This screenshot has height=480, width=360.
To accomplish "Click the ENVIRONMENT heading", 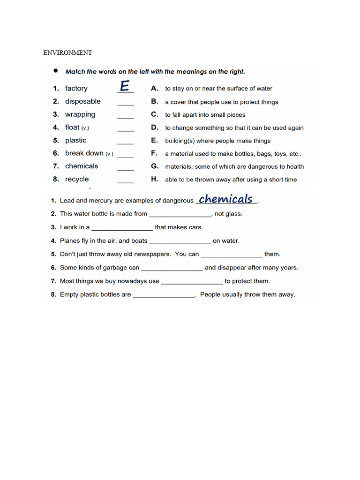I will [67, 53].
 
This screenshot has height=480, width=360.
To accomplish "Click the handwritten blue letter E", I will [124, 86].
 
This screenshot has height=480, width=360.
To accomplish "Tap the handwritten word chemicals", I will [225, 199].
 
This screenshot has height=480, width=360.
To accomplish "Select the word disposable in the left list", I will [83, 101].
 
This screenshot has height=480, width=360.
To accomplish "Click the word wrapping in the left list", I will [80, 114].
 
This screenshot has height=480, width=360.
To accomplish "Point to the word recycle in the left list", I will [77, 179].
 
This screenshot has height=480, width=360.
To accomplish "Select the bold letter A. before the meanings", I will [154, 88].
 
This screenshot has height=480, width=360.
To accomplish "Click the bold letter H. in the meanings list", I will [154, 179].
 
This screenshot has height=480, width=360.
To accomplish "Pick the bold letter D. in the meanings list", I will [154, 127].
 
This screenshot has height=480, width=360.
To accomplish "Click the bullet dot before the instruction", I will [55, 71].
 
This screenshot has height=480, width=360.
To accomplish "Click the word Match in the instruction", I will [75, 72].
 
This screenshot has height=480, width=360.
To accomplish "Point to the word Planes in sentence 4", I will [70, 241].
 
